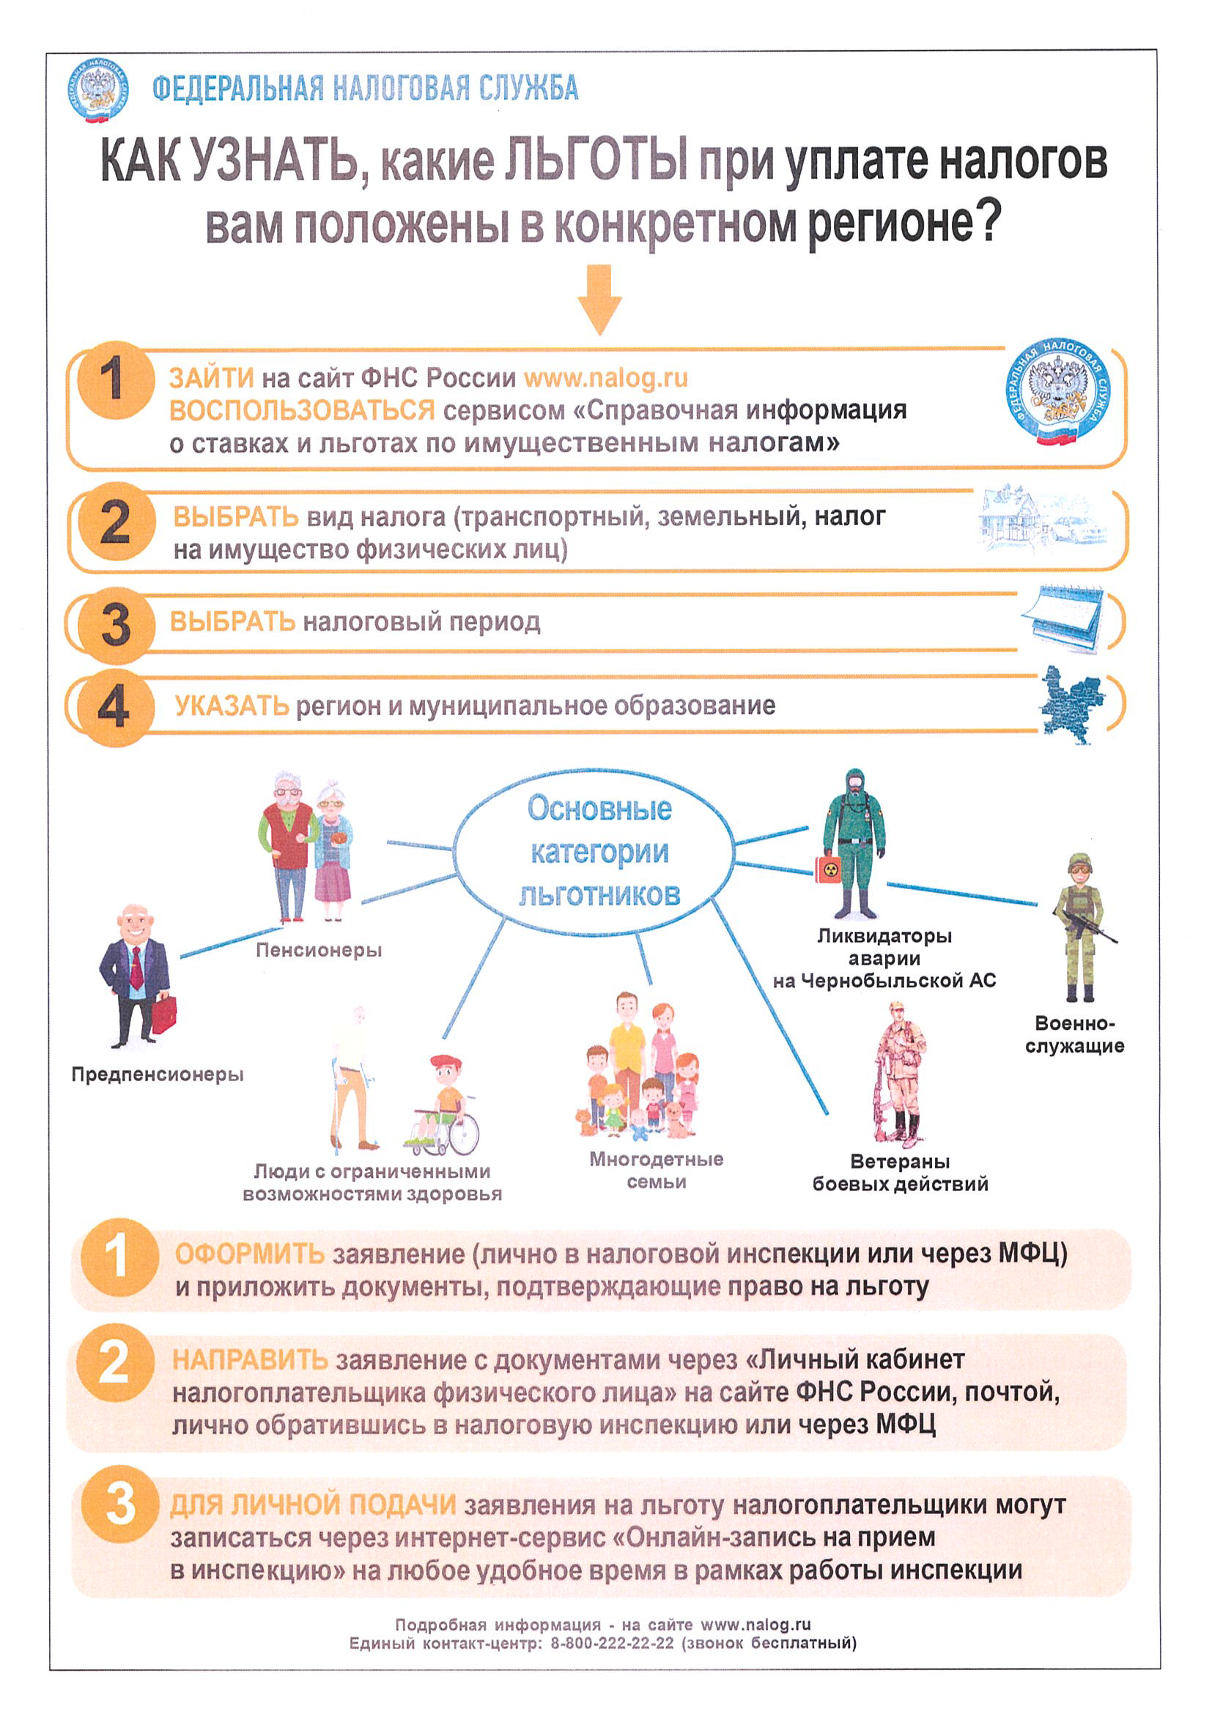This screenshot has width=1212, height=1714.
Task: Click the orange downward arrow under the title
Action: coord(599,300)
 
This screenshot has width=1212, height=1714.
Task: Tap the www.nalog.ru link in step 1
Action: coord(605,379)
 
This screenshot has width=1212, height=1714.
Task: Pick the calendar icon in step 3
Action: coord(1062,618)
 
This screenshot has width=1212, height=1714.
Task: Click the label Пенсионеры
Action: coord(319,950)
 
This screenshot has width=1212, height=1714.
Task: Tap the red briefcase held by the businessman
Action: coord(165,1014)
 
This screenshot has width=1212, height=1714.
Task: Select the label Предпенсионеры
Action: coord(158,1075)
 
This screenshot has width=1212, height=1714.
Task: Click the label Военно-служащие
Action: coord(1074,1034)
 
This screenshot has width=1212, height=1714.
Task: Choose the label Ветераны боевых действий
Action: coord(900,1172)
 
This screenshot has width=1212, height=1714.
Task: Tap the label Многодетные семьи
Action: coord(657,1170)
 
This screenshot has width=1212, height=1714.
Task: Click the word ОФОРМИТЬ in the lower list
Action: coord(249,1253)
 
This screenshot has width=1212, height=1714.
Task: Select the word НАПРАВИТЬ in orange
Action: coord(250,1360)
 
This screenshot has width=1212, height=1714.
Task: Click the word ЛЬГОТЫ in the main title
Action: coord(596,160)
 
